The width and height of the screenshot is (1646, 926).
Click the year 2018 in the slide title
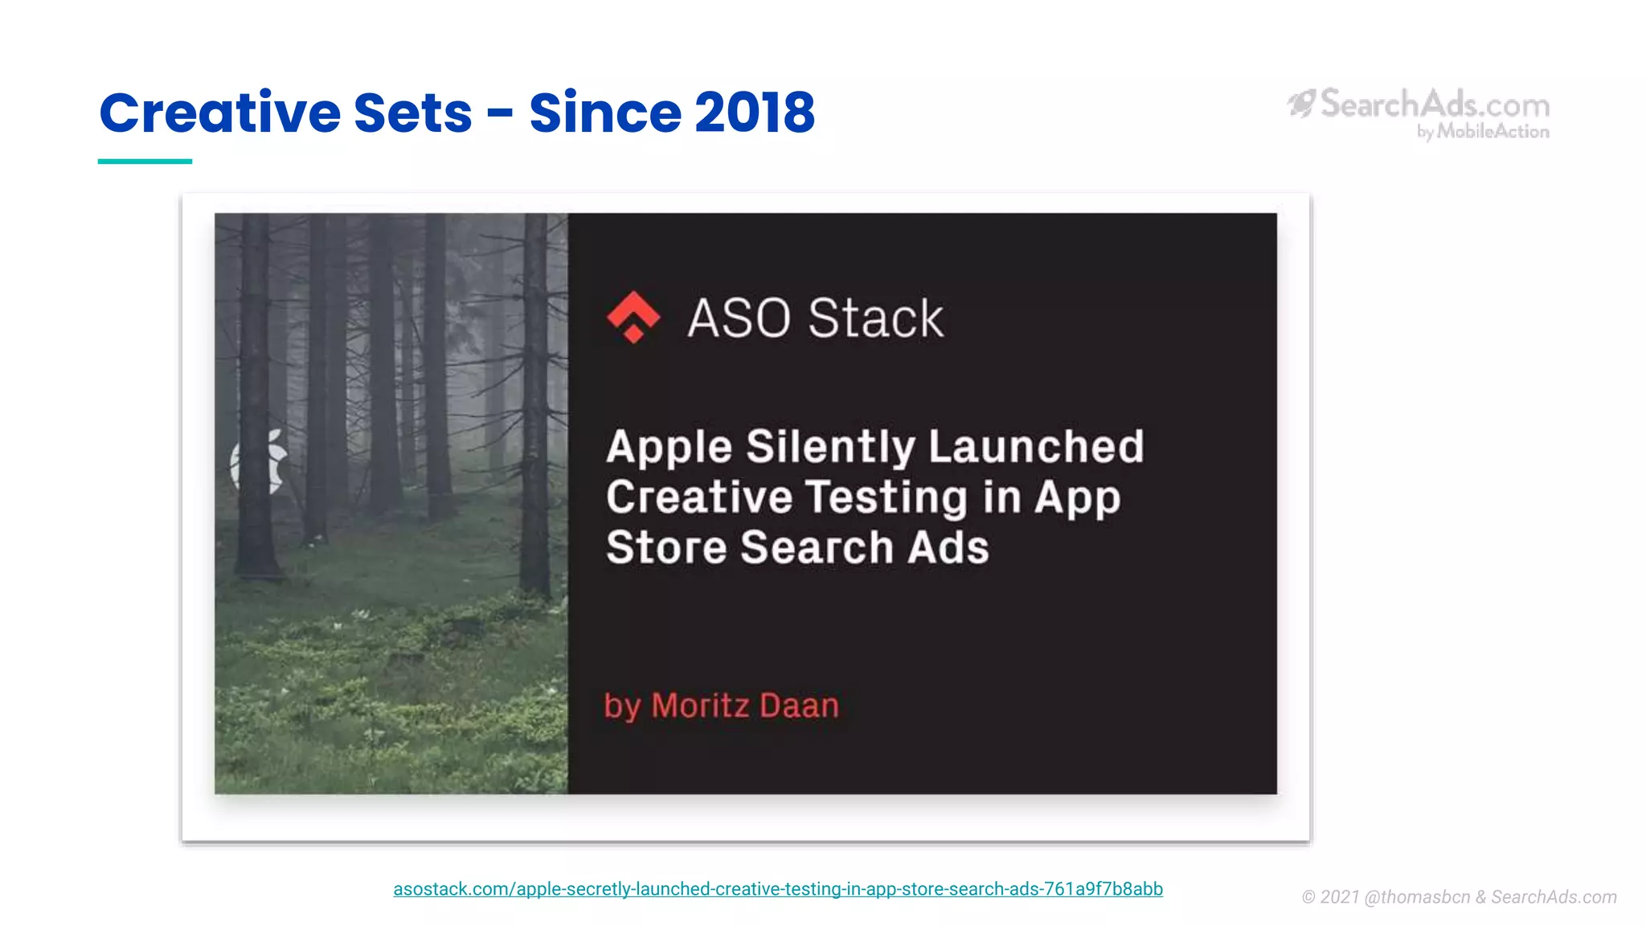pos(754,113)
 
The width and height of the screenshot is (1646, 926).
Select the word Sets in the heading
pos(412,113)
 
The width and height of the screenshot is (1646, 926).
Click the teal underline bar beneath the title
pos(145,162)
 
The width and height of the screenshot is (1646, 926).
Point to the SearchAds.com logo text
pos(1435,104)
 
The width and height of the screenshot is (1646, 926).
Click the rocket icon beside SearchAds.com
pos(1302,103)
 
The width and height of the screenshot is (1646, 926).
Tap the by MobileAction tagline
pos(1483,132)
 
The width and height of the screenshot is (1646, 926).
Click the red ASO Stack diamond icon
pos(633,317)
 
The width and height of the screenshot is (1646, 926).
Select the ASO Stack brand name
pos(815,318)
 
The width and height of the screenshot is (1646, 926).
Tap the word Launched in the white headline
pos(1036,447)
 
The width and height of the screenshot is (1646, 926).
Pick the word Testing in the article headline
pos(886,498)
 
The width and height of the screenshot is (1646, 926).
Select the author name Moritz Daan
pos(745,706)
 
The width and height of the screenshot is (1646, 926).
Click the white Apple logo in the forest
pos(260,461)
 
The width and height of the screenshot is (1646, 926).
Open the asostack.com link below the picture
pos(777,889)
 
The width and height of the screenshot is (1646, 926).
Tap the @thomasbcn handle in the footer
pos(1417,897)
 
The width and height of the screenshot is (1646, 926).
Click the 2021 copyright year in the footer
pos(1339,897)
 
